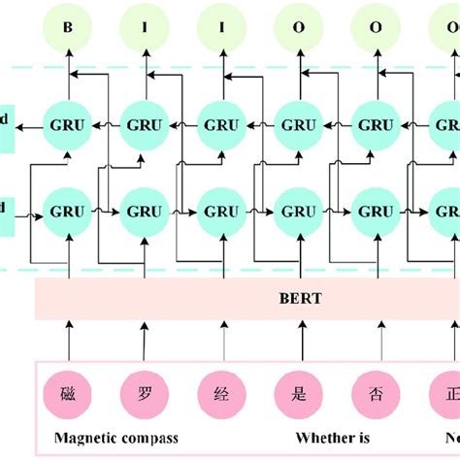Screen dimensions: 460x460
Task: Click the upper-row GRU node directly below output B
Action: pyautogui.click(x=68, y=124)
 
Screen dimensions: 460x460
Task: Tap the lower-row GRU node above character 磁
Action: pyautogui.click(x=68, y=211)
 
